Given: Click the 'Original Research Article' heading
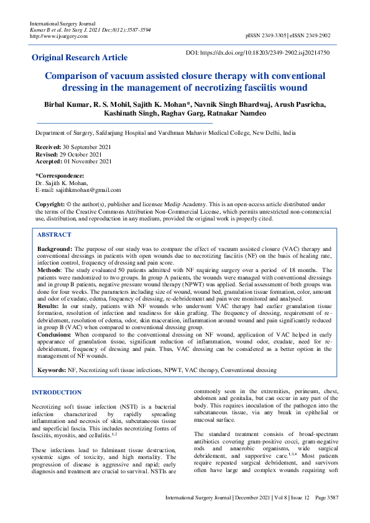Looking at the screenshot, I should (x=80, y=58).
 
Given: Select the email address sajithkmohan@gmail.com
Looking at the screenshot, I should (x=88, y=190).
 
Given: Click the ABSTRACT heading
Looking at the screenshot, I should (x=55, y=235).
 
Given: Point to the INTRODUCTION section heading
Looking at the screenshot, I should (x=57, y=392).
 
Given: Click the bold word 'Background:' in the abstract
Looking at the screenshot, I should (x=54, y=248).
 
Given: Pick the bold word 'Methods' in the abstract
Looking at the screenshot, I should (x=50, y=270).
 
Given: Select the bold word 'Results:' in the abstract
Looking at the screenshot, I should (x=49, y=307).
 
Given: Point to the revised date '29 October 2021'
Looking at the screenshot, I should (x=82, y=153).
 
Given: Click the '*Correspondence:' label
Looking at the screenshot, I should (x=60, y=176).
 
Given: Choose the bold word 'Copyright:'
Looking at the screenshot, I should (x=50, y=204).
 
